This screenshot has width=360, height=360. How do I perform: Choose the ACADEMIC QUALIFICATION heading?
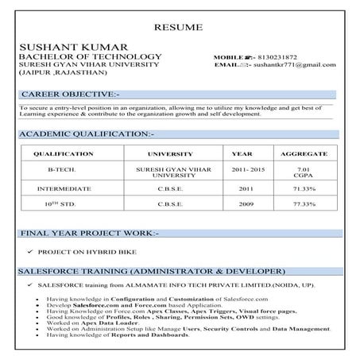tap(87, 134)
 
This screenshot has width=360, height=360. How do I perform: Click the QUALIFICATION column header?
tap(58, 153)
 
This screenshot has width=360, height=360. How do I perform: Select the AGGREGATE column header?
tap(304, 153)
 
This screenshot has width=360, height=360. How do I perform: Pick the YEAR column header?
tap(242, 153)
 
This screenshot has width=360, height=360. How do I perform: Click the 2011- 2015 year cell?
tap(242, 169)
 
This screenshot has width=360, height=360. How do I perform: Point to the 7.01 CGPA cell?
tap(304, 172)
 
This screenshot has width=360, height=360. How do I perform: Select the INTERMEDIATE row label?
tap(58, 189)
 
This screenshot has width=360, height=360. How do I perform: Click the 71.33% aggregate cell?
tap(304, 189)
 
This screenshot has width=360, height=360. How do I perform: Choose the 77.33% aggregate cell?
tap(304, 205)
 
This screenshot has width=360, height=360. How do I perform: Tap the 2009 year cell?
tap(242, 205)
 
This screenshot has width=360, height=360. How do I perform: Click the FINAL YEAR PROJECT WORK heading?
tap(89, 234)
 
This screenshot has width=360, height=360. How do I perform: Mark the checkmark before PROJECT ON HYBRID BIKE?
tap(29, 252)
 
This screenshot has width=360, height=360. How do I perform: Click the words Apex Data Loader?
tap(106, 322)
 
